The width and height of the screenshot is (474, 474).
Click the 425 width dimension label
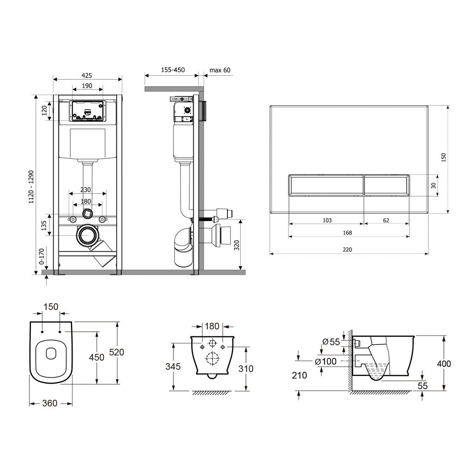coord(87,75)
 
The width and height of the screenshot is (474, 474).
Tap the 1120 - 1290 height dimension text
coord(31,187)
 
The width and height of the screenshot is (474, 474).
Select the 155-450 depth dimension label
coord(173,70)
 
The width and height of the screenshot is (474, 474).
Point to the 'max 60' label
coord(220,70)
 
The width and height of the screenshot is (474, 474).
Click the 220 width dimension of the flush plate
coord(347,250)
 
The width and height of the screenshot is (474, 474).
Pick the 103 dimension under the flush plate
coord(327,221)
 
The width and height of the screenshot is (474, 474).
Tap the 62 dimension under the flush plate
coord(386,221)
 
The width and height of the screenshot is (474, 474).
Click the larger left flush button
coord(326,185)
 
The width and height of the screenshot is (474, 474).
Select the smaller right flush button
coord(387,185)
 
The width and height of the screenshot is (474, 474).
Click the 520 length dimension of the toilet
coord(116,352)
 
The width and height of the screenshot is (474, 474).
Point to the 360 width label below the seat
coord(49,403)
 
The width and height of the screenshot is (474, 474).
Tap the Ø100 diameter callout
coord(326,361)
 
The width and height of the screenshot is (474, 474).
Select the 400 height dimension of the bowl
coord(444,364)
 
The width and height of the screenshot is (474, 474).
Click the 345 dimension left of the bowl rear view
coord(173,367)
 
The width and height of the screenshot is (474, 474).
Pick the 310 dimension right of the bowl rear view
coord(246,369)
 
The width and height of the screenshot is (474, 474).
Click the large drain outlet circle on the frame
coord(88,235)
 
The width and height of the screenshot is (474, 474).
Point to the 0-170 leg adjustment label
coord(41,256)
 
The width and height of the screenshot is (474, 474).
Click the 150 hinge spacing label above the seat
coord(51,307)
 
